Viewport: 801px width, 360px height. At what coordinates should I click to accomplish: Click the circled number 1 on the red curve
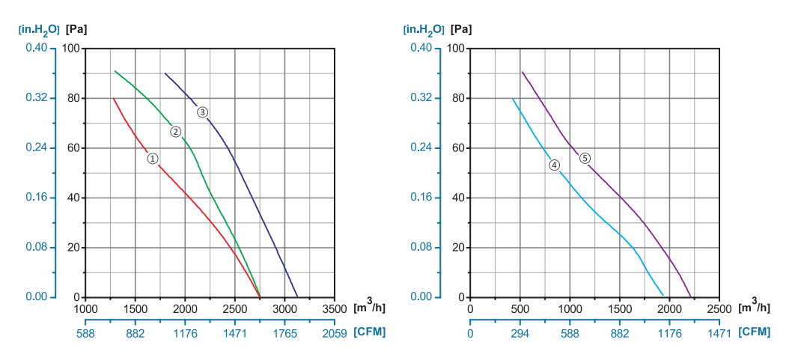(x=152, y=159)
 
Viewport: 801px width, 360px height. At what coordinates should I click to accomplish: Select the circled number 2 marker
(x=176, y=132)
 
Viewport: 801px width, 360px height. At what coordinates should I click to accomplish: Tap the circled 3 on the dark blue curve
(x=203, y=112)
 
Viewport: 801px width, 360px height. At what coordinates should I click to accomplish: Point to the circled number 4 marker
(x=555, y=165)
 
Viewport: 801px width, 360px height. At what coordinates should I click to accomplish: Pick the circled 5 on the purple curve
(x=585, y=158)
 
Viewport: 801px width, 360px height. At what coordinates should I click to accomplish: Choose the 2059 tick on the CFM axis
(x=335, y=333)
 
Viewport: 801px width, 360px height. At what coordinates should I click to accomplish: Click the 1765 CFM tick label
(x=285, y=333)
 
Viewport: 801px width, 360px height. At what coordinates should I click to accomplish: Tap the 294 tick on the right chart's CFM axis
(x=520, y=333)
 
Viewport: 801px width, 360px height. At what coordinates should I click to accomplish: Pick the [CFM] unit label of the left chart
(x=370, y=332)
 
